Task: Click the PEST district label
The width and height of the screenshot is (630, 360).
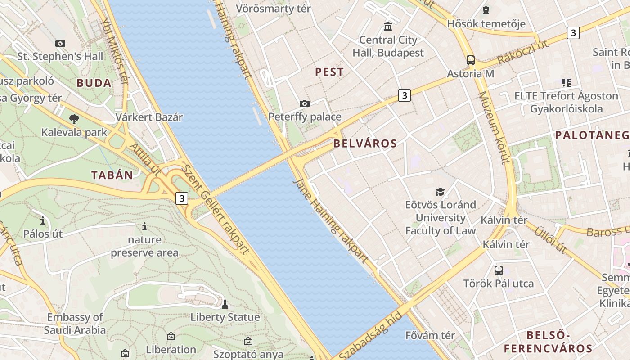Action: [329, 72]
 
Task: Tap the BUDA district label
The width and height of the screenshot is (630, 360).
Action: [94, 83]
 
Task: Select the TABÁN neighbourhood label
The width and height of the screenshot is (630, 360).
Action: [112, 175]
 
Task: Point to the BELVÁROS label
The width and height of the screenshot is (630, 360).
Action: [365, 144]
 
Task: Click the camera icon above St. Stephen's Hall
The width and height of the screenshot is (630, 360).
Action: [60, 43]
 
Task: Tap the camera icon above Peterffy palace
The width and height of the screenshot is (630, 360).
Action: [305, 104]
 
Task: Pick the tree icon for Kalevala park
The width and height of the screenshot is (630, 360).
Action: [74, 119]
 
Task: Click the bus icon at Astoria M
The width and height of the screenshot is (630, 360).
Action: [471, 60]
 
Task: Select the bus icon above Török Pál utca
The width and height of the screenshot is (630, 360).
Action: [499, 270]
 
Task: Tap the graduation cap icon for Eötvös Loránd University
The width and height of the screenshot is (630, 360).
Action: [440, 192]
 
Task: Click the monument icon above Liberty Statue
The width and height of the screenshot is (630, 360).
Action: [225, 304]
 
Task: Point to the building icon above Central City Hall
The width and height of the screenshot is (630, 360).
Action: [388, 26]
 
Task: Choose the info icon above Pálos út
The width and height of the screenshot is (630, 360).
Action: [43, 220]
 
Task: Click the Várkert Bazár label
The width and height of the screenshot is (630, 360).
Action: [149, 117]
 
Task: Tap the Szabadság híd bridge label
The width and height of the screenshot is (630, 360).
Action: [369, 335]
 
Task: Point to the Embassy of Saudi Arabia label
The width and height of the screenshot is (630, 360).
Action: [75, 324]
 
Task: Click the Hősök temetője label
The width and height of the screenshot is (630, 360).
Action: [486, 23]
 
